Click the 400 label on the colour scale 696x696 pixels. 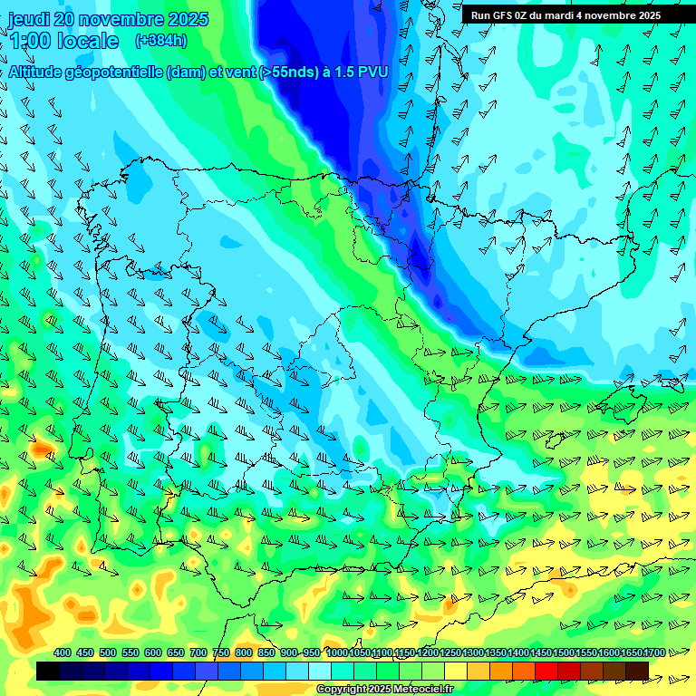click(63, 652)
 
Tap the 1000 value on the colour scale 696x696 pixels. click(337, 652)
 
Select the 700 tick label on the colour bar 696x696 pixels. click(198, 652)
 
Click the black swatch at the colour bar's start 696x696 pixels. click(48, 671)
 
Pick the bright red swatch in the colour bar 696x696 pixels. click(546, 671)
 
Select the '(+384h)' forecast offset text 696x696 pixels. click(161, 41)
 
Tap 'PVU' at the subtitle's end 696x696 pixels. click(373, 72)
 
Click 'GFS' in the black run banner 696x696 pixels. click(506, 15)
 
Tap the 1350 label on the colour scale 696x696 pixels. click(496, 652)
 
